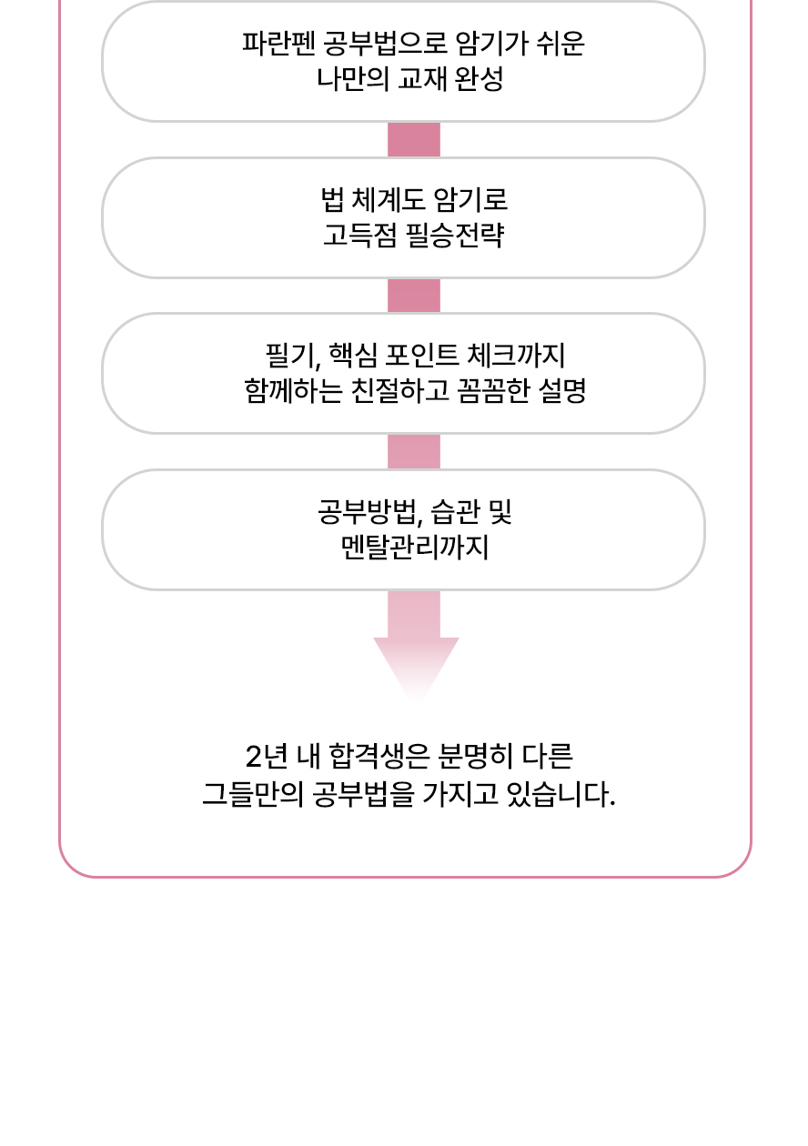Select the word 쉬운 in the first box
(560, 44)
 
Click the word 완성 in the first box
(479, 79)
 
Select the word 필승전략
(455, 236)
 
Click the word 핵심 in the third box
(352, 356)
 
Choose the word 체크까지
(516, 356)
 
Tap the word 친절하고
(400, 391)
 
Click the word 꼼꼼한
(493, 391)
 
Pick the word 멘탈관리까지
(415, 548)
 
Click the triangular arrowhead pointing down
(416, 665)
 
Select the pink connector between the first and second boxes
(414, 140)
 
